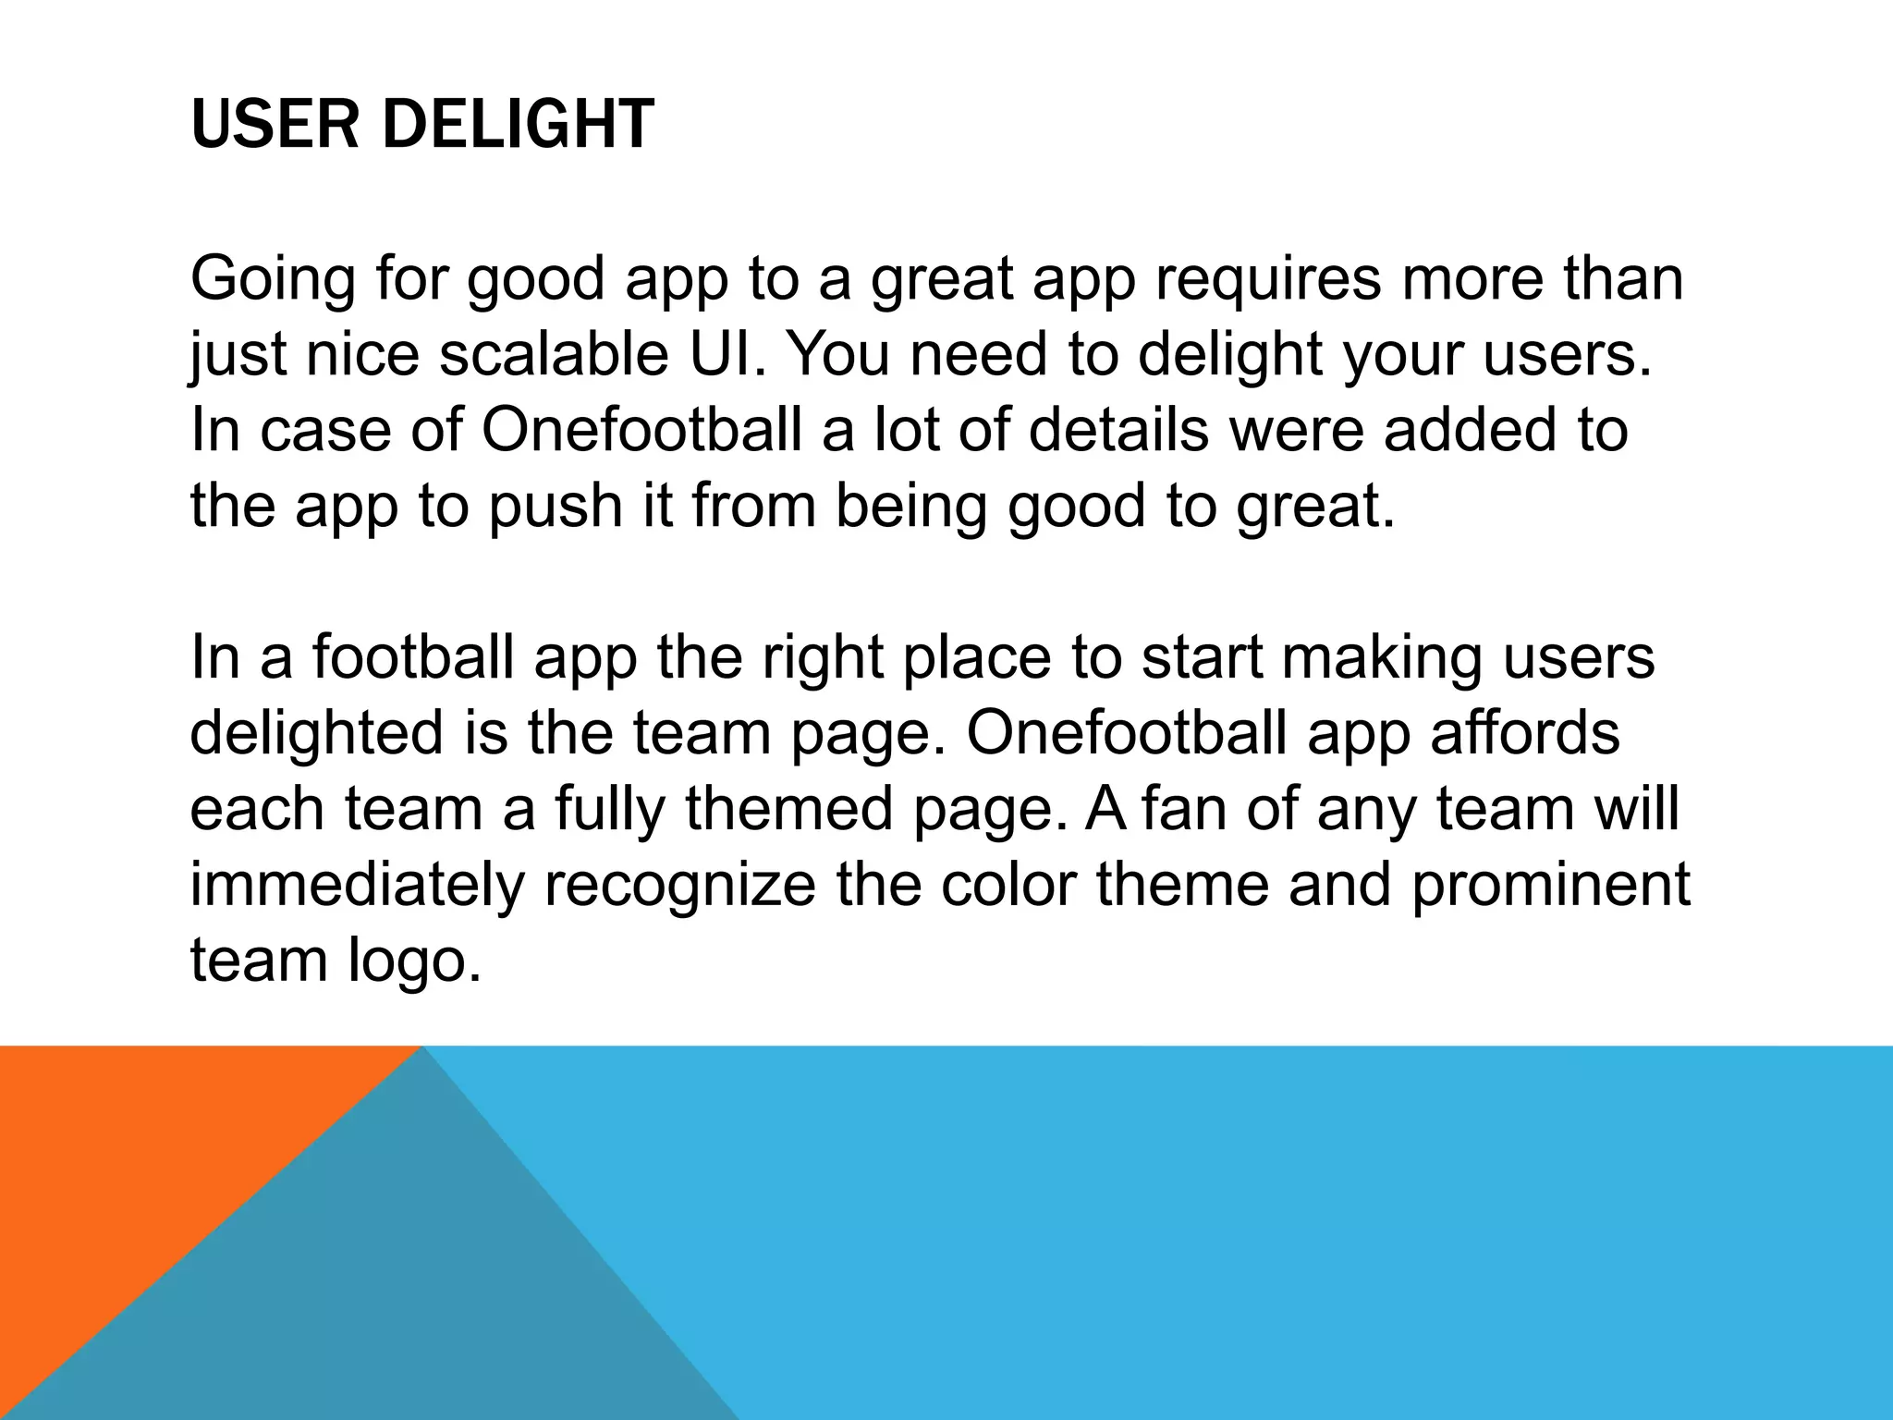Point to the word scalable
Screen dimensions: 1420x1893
click(x=553, y=354)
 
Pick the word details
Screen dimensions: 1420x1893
click(x=1118, y=430)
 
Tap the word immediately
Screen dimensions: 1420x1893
click(x=357, y=886)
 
